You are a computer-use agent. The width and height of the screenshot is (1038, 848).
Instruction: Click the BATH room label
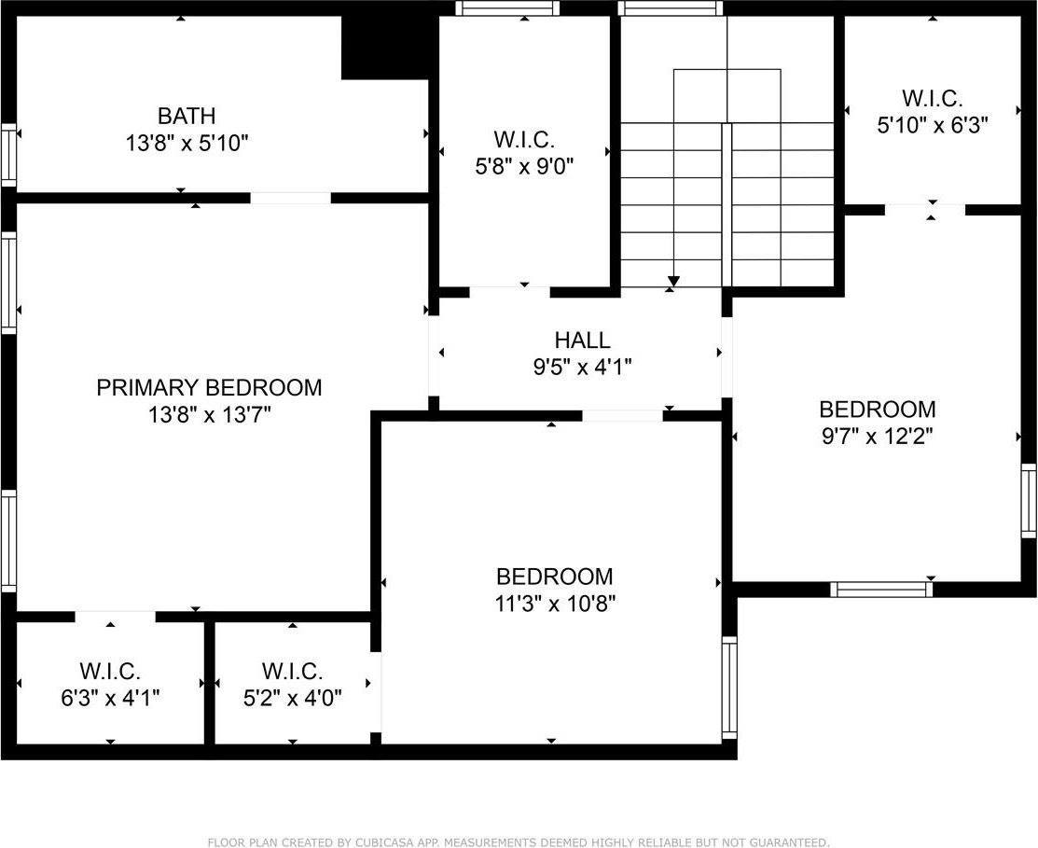tap(187, 116)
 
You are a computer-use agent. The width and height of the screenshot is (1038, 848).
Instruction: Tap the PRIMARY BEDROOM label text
tap(209, 387)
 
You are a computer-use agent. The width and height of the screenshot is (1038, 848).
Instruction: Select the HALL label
tap(582, 341)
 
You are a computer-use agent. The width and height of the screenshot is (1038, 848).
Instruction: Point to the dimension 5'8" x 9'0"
tap(524, 167)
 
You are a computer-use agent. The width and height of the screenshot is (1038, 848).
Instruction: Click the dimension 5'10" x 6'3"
tap(932, 124)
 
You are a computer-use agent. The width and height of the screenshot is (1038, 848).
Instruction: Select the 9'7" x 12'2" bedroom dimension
tap(877, 435)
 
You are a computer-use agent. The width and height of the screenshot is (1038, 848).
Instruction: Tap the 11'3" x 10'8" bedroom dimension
tap(554, 604)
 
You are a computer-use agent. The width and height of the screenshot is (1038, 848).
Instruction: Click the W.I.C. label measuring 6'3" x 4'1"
tap(110, 671)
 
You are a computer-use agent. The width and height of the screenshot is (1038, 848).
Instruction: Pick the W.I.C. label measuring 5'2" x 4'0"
tap(293, 671)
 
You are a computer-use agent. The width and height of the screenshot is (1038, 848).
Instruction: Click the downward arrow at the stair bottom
tap(673, 281)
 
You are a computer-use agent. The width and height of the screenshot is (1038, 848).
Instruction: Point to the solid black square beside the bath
tap(385, 47)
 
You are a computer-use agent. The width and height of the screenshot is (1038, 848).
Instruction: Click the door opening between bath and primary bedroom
tap(290, 198)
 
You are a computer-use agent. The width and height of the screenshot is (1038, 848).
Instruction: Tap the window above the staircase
tap(671, 8)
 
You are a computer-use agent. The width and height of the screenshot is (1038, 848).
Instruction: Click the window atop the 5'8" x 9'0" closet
tap(508, 8)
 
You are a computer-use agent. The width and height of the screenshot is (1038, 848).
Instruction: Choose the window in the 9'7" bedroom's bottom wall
tap(881, 589)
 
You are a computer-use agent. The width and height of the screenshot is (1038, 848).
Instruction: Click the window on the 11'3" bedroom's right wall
tap(729, 688)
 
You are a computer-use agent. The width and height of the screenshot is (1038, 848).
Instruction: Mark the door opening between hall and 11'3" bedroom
tap(622, 415)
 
